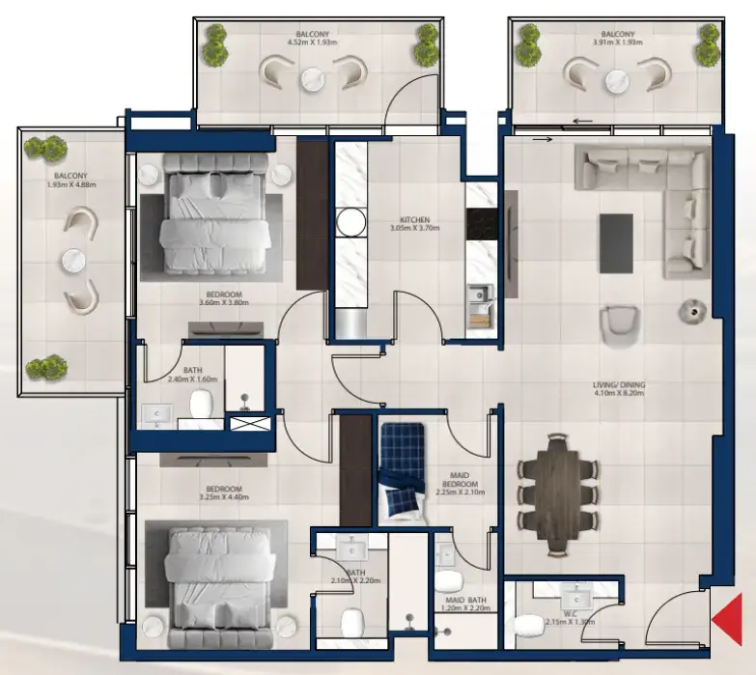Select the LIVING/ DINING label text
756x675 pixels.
pos(619,386)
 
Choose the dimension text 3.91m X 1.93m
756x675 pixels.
pos(619,42)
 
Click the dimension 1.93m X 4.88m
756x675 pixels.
pos(74,185)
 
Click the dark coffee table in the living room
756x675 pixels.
pos(616,242)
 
